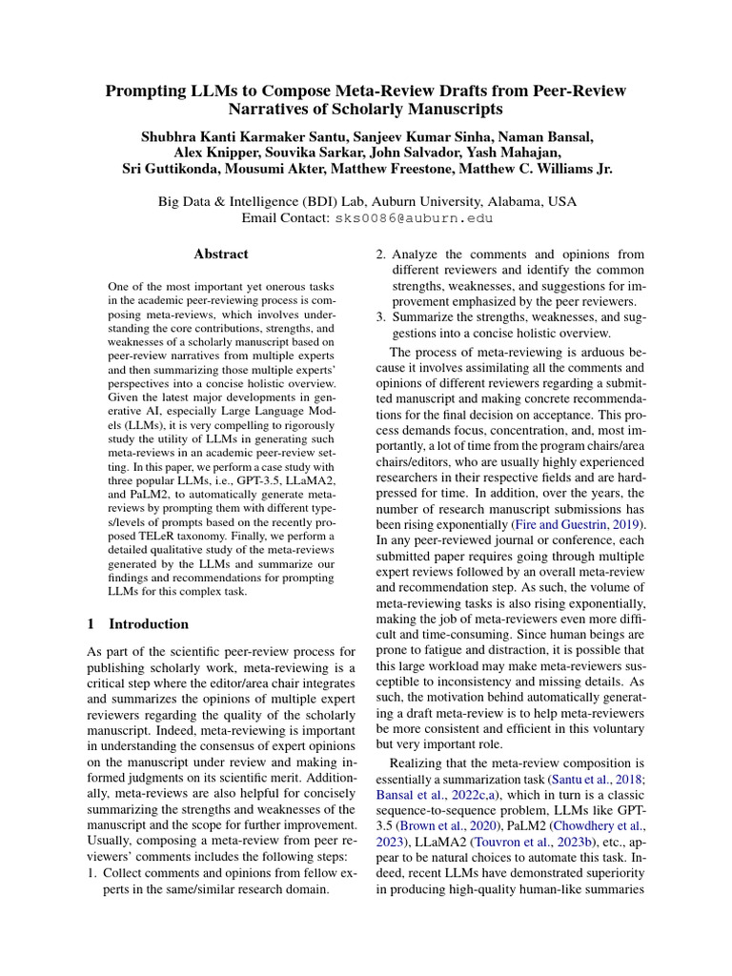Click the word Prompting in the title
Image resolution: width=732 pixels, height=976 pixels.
[x=146, y=91]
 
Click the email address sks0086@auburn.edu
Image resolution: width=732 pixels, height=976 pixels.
[x=414, y=218]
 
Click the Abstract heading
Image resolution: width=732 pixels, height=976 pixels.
[x=220, y=254]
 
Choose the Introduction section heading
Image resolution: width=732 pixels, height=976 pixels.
[x=149, y=624]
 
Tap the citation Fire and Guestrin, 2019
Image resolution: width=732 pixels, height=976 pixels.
[x=578, y=525]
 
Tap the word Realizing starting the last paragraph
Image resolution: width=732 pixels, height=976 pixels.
[x=414, y=762]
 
